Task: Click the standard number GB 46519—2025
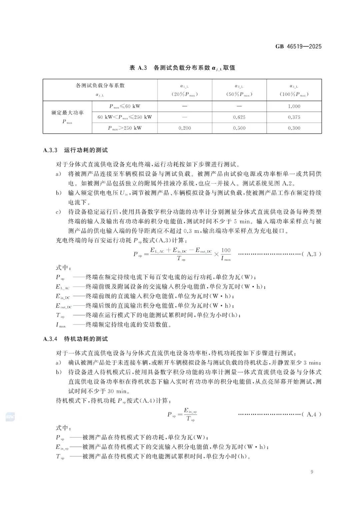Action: tap(298, 47)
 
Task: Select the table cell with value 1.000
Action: tap(294, 106)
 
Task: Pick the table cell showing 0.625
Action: tap(239, 117)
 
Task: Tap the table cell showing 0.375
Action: tap(294, 117)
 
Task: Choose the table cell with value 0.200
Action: tap(185, 128)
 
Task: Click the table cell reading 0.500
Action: tap(239, 128)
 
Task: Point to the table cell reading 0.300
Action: tap(294, 128)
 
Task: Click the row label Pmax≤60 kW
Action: tap(125, 106)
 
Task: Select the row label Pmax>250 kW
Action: tap(125, 128)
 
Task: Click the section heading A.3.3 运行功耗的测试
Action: tap(76, 150)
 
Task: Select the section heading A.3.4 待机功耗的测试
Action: tap(76, 339)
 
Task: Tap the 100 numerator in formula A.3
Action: tap(226, 250)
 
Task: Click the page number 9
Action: tap(312, 472)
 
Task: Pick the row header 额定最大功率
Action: tap(67, 113)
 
